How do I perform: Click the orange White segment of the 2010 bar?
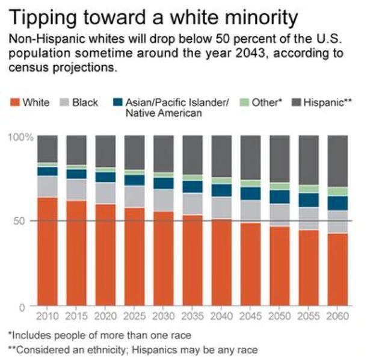48,251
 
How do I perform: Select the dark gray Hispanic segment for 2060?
338,161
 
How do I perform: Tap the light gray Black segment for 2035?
192,203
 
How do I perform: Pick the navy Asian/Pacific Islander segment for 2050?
280,197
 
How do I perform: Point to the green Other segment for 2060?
338,191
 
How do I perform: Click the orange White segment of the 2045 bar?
251,264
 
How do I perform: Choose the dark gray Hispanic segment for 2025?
135,152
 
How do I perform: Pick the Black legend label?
85,103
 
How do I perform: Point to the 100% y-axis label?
20,137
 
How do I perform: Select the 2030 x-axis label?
164,316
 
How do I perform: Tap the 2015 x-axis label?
76,316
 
